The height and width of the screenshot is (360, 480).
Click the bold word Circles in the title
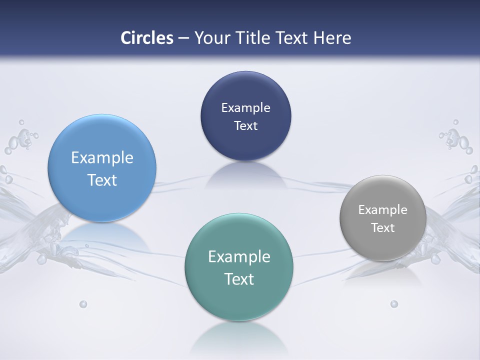[146, 38]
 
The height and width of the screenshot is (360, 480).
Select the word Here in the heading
[332, 38]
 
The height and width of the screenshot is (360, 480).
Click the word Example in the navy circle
[245, 107]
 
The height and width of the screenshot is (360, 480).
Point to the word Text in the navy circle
[245, 125]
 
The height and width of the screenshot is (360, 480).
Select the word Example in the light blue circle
[102, 158]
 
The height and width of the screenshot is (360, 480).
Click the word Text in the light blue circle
[102, 180]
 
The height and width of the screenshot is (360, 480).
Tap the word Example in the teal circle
[239, 257]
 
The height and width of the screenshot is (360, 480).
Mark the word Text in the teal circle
[239, 279]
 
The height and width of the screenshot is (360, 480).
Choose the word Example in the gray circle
[383, 209]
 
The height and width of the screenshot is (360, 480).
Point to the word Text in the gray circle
[383, 227]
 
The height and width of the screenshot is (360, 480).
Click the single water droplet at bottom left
[83, 304]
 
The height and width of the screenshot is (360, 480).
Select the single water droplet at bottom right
[394, 304]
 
